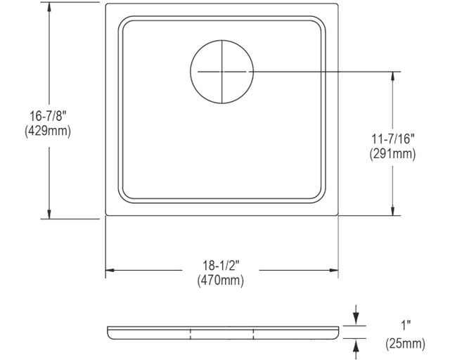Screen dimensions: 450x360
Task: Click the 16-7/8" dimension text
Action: tap(48, 117)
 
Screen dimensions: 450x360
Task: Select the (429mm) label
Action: tap(48, 131)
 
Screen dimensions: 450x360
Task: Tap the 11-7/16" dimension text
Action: tap(393, 139)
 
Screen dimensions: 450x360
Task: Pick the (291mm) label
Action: tap(392, 154)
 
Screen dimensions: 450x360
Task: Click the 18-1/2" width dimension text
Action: tap(221, 266)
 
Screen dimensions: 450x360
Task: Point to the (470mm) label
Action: tap(220, 280)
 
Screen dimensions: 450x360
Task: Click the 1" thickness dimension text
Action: tap(406, 326)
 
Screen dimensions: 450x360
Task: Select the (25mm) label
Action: tap(405, 344)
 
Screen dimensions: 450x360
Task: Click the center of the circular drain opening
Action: tap(222, 72)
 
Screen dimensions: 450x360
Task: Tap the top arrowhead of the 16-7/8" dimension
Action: tap(49, 7)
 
